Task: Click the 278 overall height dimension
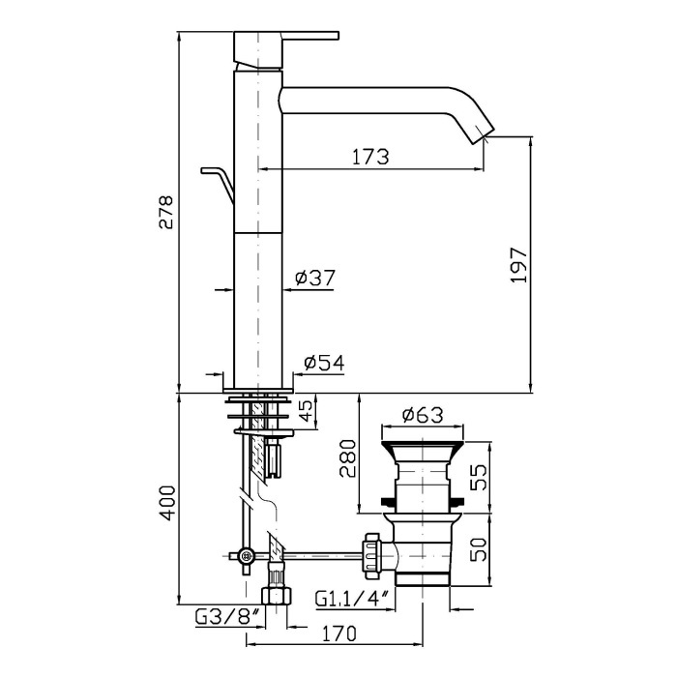tap(166, 212)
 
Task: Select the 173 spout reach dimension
tap(370, 157)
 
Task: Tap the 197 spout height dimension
tap(518, 265)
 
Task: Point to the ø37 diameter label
tap(315, 278)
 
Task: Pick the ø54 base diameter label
tap(324, 363)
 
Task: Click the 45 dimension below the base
tap(306, 411)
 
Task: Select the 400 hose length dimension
tap(166, 504)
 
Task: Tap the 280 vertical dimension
tap(347, 458)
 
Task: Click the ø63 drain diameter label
tap(423, 415)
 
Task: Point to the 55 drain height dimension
tap(478, 477)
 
